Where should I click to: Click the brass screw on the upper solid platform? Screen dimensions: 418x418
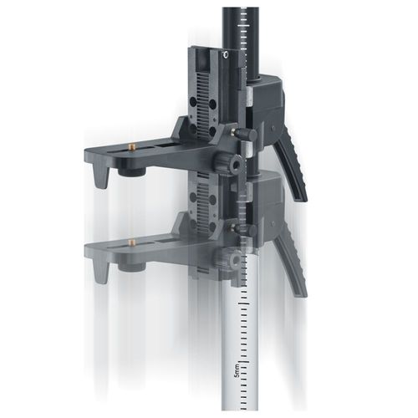132,146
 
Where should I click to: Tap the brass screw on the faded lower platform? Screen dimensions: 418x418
132,242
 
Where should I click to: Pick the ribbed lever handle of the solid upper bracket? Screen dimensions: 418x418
291,167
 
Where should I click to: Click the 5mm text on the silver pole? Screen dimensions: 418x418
237,370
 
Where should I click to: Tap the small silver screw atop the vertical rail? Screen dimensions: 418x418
226,54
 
